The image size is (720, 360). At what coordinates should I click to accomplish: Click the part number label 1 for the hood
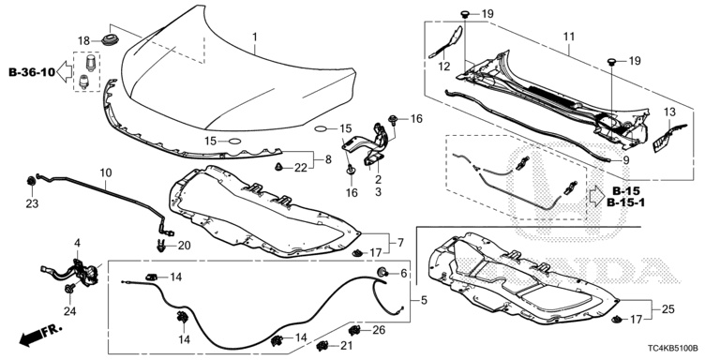[x=255, y=36]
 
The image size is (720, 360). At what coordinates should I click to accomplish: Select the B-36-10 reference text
[x=32, y=72]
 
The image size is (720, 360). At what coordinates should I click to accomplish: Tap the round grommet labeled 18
[x=110, y=39]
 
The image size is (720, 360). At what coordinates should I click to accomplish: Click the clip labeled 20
[x=159, y=246]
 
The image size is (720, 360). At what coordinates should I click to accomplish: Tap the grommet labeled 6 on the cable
[x=382, y=272]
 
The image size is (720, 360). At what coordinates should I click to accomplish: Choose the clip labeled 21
[x=322, y=345]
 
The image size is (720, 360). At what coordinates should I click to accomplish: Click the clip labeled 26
[x=354, y=330]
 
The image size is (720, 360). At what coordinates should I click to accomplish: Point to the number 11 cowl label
[x=568, y=37]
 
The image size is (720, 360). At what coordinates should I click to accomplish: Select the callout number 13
[x=670, y=112]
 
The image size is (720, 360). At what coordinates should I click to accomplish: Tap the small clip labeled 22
[x=278, y=168]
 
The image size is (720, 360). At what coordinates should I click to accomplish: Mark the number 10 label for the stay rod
[x=106, y=173]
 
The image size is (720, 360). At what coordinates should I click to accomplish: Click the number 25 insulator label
[x=668, y=309]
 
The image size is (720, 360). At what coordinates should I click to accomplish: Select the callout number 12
[x=444, y=67]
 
